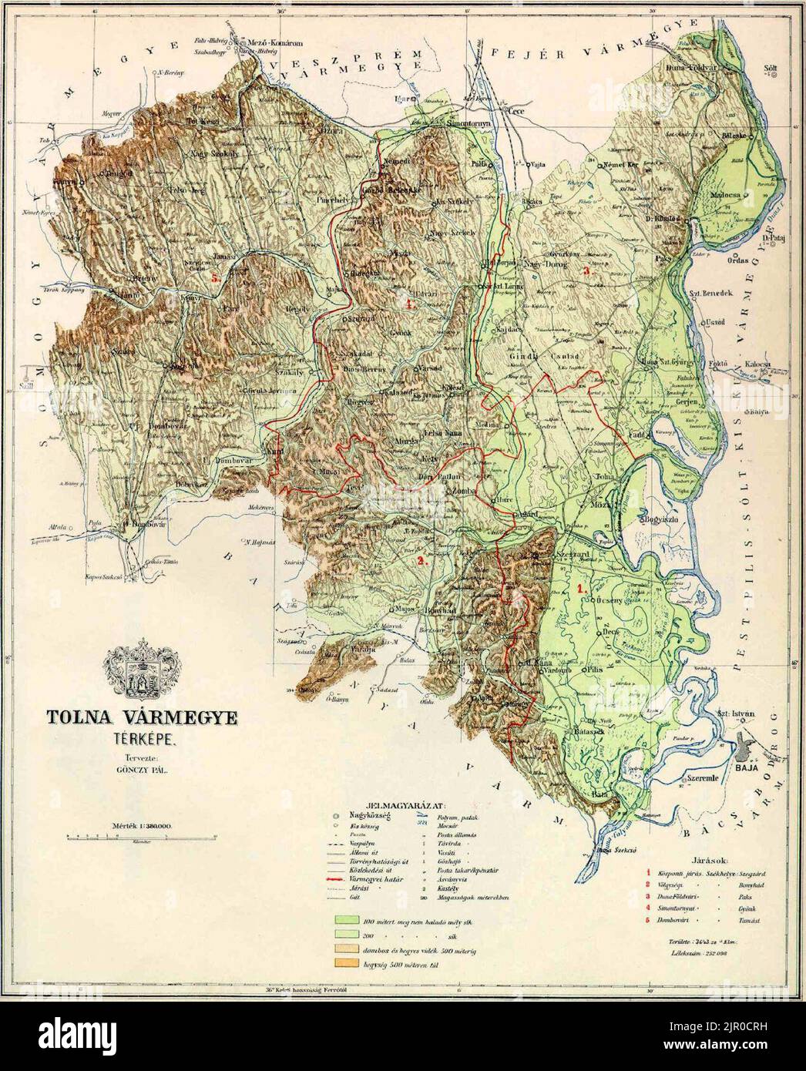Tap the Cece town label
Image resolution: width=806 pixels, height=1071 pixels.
tap(512, 112)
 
